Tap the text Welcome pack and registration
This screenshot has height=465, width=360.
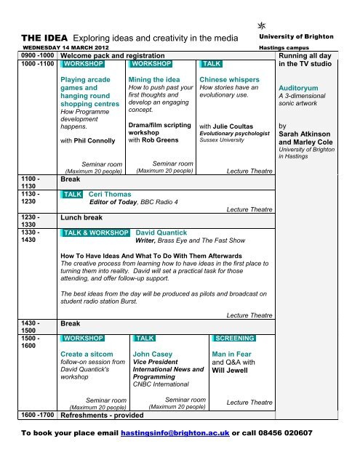(112, 55)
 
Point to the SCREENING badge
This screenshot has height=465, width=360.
(234, 339)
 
